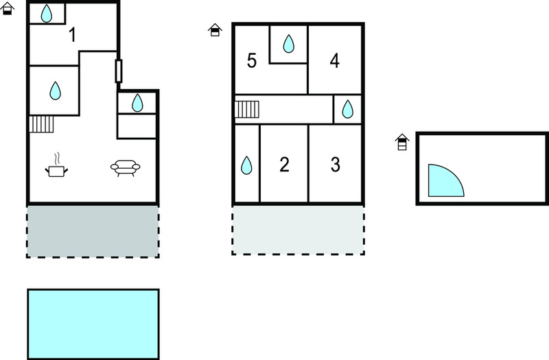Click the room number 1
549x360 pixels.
click(x=73, y=35)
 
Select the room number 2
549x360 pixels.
click(x=284, y=165)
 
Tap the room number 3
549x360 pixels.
click(x=336, y=165)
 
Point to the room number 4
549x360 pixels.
click(x=334, y=61)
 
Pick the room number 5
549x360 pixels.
click(x=252, y=61)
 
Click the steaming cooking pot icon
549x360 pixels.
click(x=56, y=165)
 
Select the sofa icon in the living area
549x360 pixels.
click(x=126, y=168)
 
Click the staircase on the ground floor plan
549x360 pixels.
click(x=41, y=124)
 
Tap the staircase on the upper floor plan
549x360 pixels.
click(x=247, y=109)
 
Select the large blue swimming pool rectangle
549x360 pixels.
click(x=93, y=324)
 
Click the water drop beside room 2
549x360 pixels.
click(x=246, y=165)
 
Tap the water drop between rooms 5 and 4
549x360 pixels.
click(x=288, y=44)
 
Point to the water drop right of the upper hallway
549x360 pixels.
click(x=347, y=109)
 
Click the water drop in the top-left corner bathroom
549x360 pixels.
click(x=46, y=14)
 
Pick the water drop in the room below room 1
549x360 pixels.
click(x=55, y=91)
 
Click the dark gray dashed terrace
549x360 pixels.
click(x=93, y=232)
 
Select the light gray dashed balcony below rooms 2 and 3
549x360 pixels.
click(x=298, y=230)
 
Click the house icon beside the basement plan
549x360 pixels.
click(x=402, y=142)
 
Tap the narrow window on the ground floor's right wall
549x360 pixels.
click(x=119, y=71)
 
